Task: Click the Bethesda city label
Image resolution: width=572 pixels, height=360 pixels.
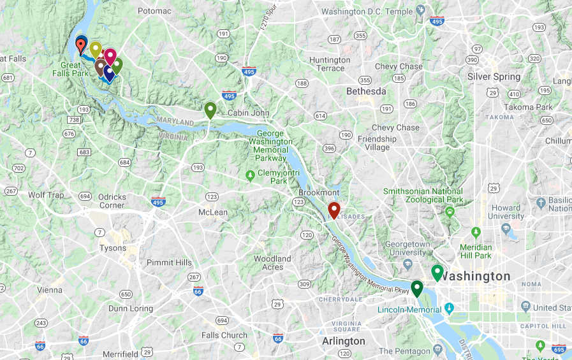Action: coord(366,92)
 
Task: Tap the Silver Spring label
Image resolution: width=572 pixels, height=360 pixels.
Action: coord(494,76)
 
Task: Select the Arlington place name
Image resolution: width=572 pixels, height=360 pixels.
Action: coord(344,341)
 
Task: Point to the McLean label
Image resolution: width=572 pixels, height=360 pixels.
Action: coord(212,212)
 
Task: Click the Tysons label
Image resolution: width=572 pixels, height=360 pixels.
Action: coord(112,248)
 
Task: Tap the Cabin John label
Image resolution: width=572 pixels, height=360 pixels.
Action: coord(250,113)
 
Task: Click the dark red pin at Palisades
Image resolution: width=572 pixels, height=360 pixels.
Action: coord(334,210)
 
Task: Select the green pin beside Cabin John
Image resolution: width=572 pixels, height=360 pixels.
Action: coord(210,110)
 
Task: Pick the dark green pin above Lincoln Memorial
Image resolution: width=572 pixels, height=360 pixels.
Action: coord(417,288)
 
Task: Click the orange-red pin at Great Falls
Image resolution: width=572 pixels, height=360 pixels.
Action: coord(81,45)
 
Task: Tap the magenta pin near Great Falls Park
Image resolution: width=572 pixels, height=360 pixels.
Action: coord(110,56)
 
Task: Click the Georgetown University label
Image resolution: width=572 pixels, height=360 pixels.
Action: coord(407,248)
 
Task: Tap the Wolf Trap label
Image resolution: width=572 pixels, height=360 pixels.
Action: coord(46,195)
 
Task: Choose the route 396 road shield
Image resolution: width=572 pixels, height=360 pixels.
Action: coord(329,148)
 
